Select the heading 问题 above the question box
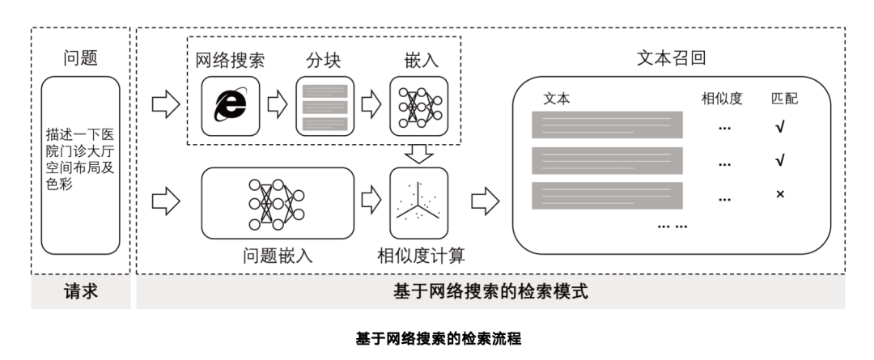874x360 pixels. tap(81, 58)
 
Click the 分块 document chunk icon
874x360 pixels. tap(325, 105)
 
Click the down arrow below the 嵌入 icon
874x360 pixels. tap(418, 152)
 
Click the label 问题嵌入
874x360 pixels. tap(277, 256)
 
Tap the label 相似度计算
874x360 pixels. tap(421, 256)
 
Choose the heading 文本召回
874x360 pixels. tap(671, 58)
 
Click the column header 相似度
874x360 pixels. tap(722, 99)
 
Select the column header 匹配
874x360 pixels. tap(783, 99)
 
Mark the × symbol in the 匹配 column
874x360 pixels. tap(780, 195)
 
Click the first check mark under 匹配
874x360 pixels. tap(780, 127)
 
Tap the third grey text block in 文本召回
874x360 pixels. tap(607, 196)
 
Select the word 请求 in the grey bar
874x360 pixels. tap(81, 292)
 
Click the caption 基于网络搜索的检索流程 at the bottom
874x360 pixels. tap(437, 338)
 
